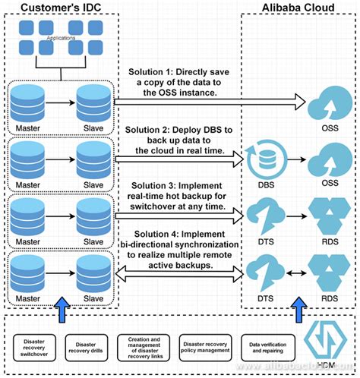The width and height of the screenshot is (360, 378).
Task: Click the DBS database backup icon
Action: tap(264, 157)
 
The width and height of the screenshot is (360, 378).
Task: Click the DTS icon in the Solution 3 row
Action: tap(264, 213)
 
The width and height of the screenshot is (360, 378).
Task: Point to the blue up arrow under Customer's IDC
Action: tap(62, 309)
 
